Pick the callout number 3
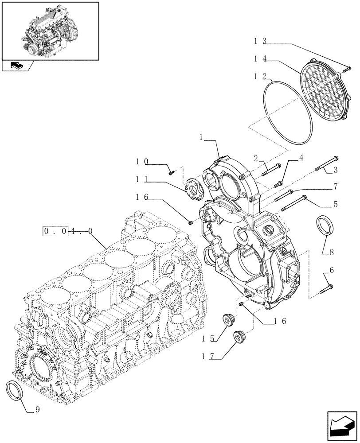336,169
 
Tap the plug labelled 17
240,336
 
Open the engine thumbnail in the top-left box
50,30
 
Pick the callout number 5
335,204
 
